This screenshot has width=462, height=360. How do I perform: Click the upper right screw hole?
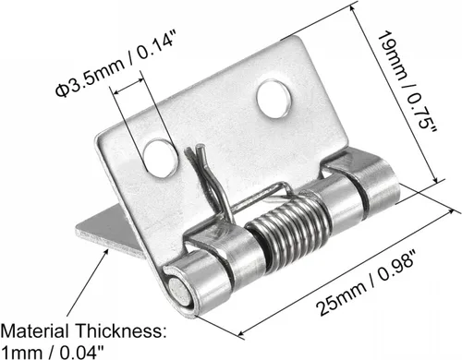274,99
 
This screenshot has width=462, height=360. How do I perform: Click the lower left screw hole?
161,158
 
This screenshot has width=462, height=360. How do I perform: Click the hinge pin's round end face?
179,291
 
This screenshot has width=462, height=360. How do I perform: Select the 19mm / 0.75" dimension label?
407,81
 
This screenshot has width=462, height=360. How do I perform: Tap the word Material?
34,331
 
